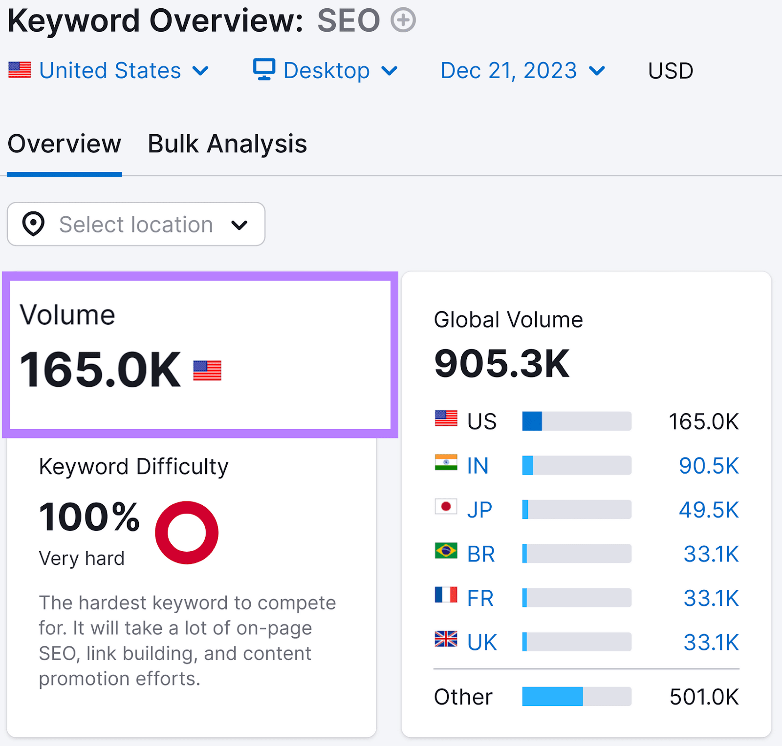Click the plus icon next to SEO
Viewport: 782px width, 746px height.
point(403,21)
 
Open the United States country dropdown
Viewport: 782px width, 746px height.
point(109,71)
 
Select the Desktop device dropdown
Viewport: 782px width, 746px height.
point(325,71)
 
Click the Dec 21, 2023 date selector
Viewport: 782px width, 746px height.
point(522,71)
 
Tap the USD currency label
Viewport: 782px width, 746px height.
point(670,71)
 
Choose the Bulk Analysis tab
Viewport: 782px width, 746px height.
point(227,144)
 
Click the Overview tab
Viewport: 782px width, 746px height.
point(65,144)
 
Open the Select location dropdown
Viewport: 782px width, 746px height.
point(136,224)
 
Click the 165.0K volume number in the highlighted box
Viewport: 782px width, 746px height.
point(100,370)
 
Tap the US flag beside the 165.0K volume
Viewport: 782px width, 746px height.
point(207,371)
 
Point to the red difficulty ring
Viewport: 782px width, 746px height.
point(187,533)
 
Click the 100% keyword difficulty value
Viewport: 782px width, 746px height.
point(89,517)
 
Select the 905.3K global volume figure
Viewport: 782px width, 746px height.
point(502,364)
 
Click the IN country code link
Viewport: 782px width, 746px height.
point(478,466)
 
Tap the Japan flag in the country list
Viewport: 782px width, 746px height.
point(446,507)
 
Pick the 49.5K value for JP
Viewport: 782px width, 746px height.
point(709,510)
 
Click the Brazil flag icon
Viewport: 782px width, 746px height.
point(446,551)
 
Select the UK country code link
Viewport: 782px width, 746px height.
point(482,642)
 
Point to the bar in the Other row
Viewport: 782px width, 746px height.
point(576,697)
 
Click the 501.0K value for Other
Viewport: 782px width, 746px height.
point(704,697)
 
